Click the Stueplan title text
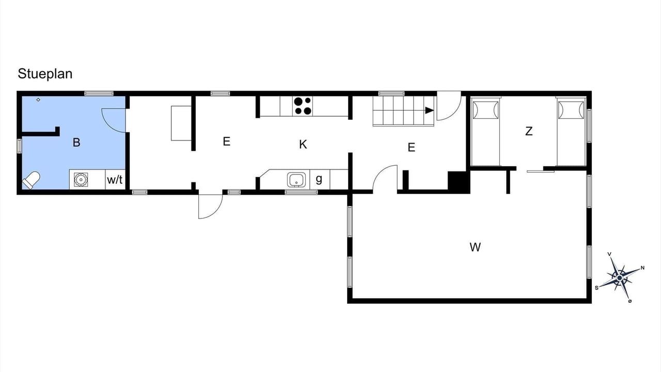pos(45,74)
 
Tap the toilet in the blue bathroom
pos(31,180)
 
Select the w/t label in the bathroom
pos(115,179)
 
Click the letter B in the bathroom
pos(76,142)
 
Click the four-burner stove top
pos(303,106)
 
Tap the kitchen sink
pos(296,180)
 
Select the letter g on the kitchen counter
pos(319,179)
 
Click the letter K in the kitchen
pos(303,144)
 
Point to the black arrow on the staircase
pos(429,111)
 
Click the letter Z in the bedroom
pos(529,131)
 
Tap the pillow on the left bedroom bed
pos(485,110)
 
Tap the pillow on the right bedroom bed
pos(571,110)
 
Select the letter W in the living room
pos(475,247)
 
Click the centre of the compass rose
pos(620,278)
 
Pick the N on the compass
pos(642,268)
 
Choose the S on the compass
pos(596,288)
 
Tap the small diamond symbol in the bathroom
pos(38,100)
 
